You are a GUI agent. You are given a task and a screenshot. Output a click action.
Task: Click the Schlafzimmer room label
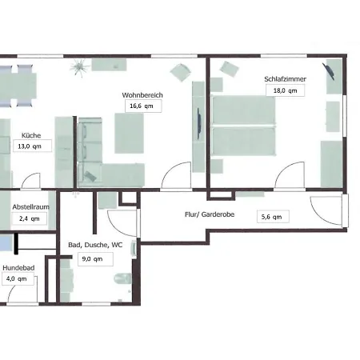(285, 79)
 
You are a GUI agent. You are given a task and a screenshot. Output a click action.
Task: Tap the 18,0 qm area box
(285, 90)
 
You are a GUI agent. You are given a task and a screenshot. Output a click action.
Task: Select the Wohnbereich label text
(142, 95)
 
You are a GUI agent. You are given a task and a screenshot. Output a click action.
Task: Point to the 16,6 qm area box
(143, 106)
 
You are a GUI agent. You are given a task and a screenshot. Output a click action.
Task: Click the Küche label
(31, 135)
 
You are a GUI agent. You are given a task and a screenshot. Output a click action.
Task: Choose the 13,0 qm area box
(32, 146)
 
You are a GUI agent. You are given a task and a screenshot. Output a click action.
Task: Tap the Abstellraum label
(31, 207)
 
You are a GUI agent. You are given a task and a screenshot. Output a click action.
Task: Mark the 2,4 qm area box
(30, 218)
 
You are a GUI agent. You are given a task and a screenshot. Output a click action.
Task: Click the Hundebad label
(18, 268)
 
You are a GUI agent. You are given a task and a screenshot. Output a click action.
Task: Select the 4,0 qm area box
(18, 279)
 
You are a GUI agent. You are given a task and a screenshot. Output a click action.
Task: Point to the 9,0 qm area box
(95, 259)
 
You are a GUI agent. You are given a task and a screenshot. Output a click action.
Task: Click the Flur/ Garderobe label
(210, 214)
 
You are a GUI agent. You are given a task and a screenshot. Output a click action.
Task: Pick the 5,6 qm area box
(273, 217)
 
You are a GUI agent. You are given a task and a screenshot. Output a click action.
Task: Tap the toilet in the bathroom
(122, 278)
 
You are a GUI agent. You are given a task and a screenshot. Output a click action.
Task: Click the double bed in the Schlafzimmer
(243, 126)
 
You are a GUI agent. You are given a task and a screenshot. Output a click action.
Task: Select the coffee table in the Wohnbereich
(130, 134)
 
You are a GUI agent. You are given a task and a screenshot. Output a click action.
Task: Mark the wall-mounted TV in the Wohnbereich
(199, 123)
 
